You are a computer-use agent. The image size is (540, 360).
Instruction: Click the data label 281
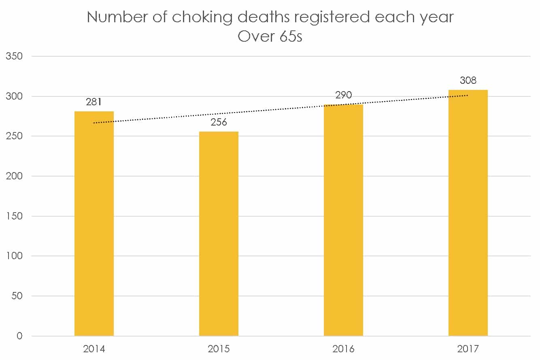[94, 102]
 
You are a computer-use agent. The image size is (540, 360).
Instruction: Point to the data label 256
[219, 122]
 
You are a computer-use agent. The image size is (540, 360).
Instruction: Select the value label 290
[343, 95]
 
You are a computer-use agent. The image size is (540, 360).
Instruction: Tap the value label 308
[468, 80]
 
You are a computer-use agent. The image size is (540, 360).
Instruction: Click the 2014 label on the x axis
[94, 349]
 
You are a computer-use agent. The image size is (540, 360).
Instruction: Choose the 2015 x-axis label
[219, 349]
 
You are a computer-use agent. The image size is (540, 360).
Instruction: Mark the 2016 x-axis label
[343, 349]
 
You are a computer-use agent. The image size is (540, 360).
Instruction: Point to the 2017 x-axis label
[468, 349]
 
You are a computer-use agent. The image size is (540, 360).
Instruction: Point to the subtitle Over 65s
[270, 36]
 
